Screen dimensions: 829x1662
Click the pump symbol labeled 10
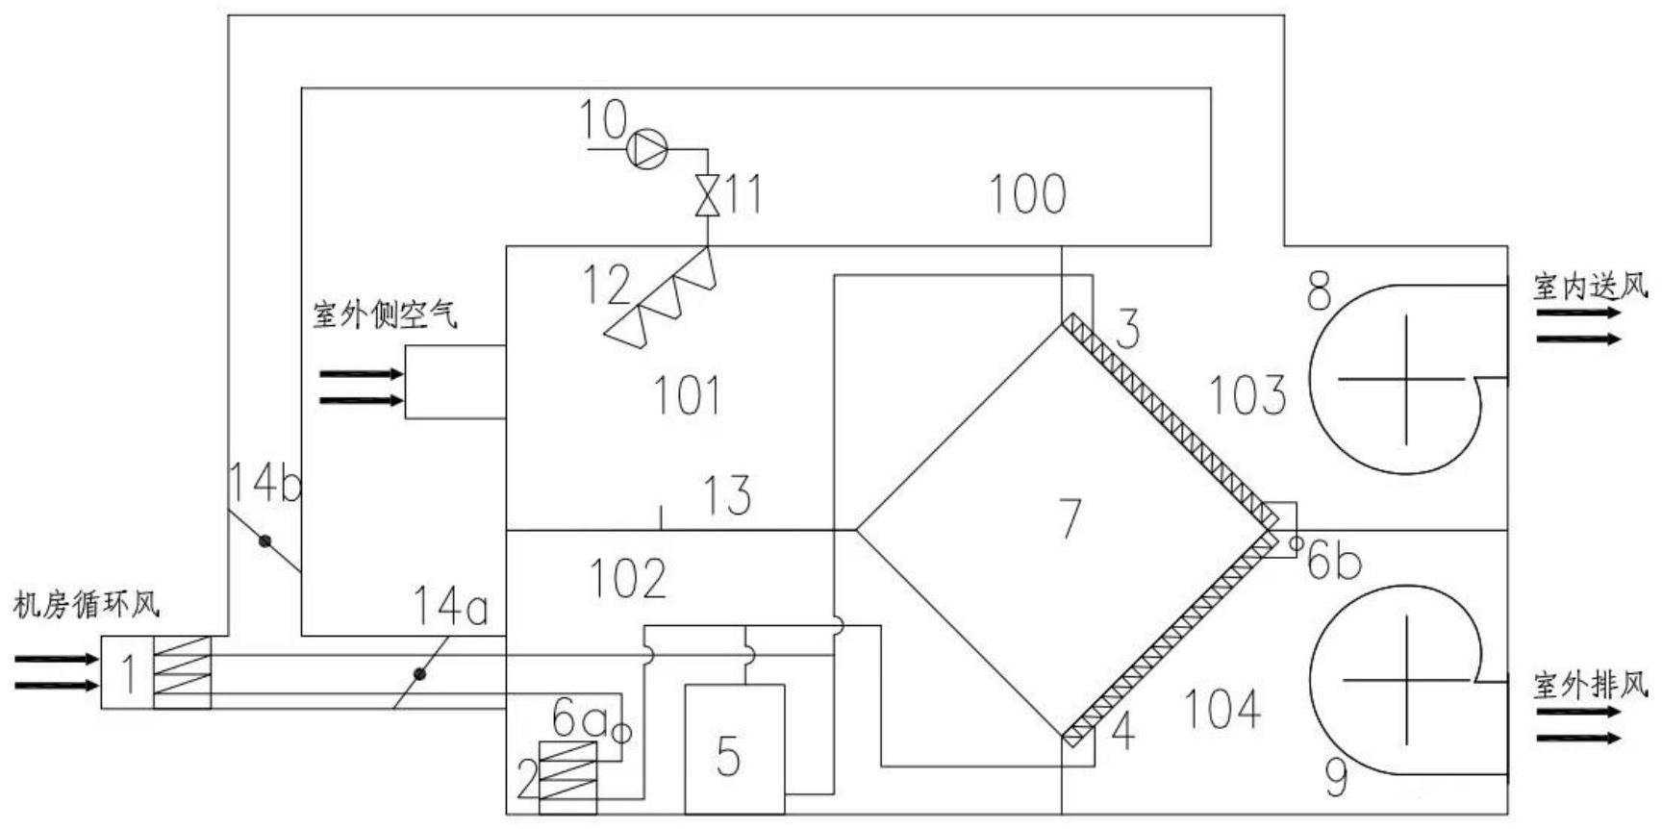point(647,148)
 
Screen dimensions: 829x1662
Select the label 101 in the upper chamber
point(688,395)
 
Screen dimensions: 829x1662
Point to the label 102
point(628,578)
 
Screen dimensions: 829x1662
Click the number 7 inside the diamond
point(1070,518)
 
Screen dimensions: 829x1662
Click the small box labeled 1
point(127,673)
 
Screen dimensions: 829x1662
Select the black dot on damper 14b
point(264,541)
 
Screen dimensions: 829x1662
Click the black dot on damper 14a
point(420,673)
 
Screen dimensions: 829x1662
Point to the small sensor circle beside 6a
point(622,733)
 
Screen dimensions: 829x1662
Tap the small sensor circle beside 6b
point(1296,544)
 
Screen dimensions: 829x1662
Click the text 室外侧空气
point(385,314)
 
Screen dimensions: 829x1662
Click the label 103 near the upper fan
point(1246,395)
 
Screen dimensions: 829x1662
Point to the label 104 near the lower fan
point(1222,711)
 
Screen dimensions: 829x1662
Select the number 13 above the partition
point(728,495)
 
